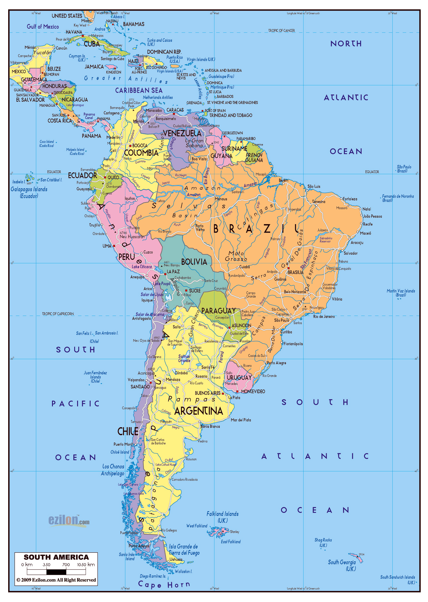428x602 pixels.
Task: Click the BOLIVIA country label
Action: (194, 262)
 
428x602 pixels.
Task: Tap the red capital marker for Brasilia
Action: (288, 268)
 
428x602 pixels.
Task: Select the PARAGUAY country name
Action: (218, 311)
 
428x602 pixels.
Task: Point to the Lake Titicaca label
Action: (142, 267)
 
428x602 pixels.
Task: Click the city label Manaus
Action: (221, 199)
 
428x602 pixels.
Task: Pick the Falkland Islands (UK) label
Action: (222, 517)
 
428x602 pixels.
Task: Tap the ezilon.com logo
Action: (69, 521)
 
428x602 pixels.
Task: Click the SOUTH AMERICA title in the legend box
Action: (56, 557)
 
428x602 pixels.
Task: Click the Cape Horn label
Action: (164, 585)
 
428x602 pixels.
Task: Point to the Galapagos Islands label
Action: (29, 192)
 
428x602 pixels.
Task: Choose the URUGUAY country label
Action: (239, 377)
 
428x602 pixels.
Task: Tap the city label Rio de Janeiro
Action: (324, 316)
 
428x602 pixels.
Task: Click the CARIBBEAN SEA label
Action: (139, 90)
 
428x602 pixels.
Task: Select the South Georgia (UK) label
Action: (342, 565)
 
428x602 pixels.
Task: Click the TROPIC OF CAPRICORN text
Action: (58, 314)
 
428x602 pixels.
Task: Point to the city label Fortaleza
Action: (350, 199)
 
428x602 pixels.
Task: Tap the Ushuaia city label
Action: (176, 559)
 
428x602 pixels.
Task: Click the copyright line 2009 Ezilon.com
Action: (56, 580)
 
